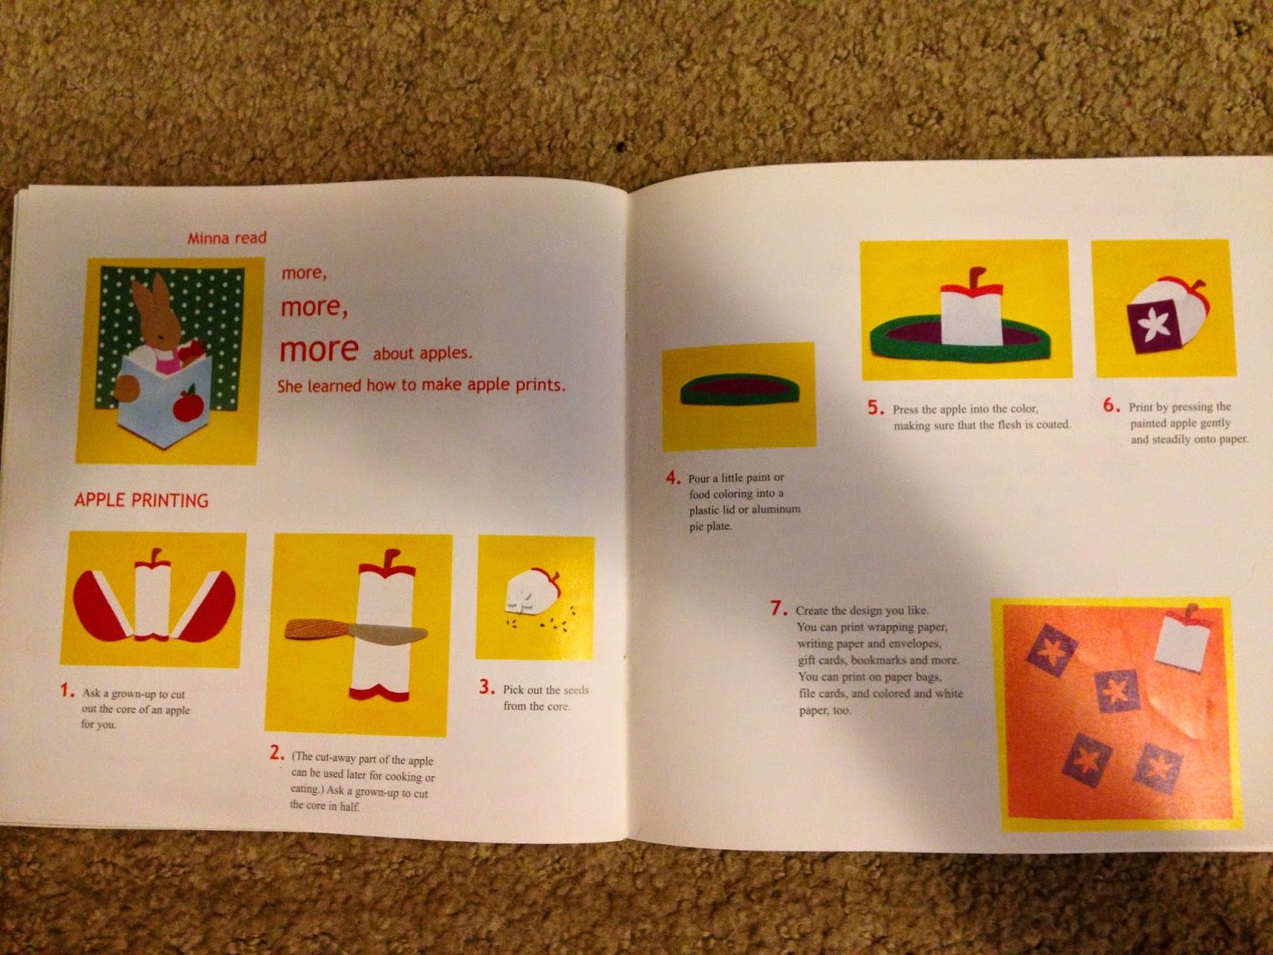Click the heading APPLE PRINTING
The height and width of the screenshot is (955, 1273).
pyautogui.click(x=142, y=500)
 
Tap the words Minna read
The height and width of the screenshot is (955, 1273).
pyautogui.click(x=227, y=238)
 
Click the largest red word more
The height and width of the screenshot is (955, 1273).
pyautogui.click(x=319, y=349)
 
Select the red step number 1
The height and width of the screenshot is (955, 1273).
pyautogui.click(x=68, y=690)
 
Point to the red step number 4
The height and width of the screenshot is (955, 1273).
pyautogui.click(x=673, y=477)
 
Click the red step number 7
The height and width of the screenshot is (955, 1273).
pyautogui.click(x=779, y=608)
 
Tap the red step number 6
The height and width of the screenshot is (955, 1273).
pyautogui.click(x=1111, y=405)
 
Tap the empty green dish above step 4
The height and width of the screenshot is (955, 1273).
pyautogui.click(x=739, y=389)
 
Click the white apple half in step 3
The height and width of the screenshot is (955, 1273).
pyautogui.click(x=531, y=591)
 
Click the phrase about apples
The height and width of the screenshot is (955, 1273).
pyautogui.click(x=422, y=353)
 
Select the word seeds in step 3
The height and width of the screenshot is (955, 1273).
pyautogui.click(x=576, y=690)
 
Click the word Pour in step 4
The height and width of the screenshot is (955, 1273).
pyautogui.click(x=699, y=478)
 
